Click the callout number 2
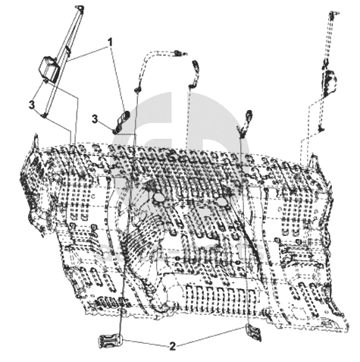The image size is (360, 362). tap(172, 346)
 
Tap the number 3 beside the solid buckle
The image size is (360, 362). tap(95, 119)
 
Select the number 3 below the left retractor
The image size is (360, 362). tap(32, 105)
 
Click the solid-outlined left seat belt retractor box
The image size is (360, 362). tap(49, 68)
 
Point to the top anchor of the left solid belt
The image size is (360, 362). tap(80, 8)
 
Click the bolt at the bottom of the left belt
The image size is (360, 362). tap(44, 115)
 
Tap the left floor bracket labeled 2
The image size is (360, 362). tap(110, 341)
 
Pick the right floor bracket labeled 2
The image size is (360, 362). tap(253, 332)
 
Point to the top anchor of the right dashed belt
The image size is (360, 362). tap(333, 14)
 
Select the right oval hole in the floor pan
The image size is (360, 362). tap(221, 202)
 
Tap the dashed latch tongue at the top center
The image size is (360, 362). tap(180, 53)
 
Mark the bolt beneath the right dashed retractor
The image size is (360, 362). tap(321, 129)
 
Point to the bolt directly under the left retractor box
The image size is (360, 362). tap(45, 81)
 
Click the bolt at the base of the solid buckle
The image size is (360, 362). tap(115, 131)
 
